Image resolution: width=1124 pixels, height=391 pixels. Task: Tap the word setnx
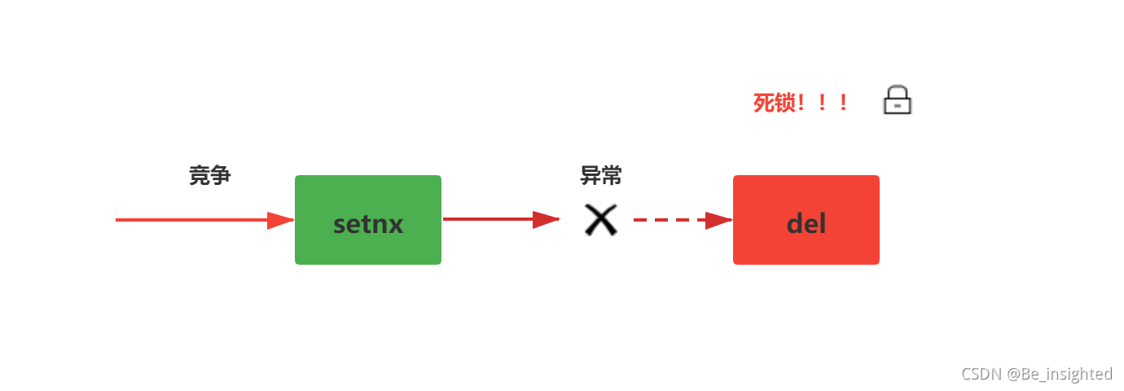click(368, 224)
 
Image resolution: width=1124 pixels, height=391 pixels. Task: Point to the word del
click(806, 224)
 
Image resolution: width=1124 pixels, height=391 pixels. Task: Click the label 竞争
click(210, 175)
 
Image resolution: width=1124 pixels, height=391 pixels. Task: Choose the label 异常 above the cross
click(601, 175)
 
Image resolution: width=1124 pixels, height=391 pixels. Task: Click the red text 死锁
click(774, 103)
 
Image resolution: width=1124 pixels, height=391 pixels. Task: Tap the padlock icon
click(898, 101)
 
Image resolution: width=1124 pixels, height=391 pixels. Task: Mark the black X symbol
click(601, 220)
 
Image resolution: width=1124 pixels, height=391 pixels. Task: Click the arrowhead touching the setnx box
click(280, 220)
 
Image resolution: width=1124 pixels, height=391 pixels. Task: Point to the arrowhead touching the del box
click(718, 220)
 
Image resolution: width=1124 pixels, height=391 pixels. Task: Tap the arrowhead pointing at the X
click(546, 219)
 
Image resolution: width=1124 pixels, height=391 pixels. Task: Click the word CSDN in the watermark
click(981, 374)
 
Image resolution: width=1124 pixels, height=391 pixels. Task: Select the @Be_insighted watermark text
click(1060, 374)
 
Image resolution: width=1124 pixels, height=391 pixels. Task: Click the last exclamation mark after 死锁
click(844, 103)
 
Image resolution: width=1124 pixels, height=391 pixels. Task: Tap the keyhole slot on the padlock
click(898, 106)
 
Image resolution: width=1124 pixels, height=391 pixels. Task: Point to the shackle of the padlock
click(898, 91)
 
